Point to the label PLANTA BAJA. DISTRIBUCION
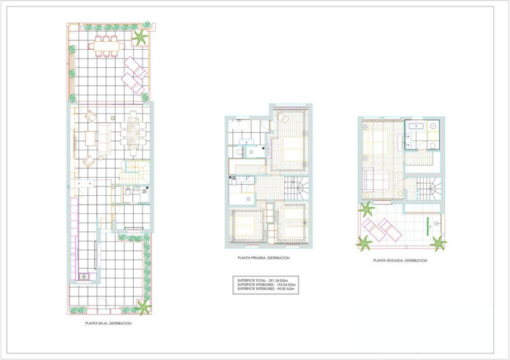coord(109,324)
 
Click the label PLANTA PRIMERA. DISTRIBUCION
coord(263,258)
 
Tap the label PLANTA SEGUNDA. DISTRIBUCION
coord(400,260)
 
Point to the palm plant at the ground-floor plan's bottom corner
coord(143,307)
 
